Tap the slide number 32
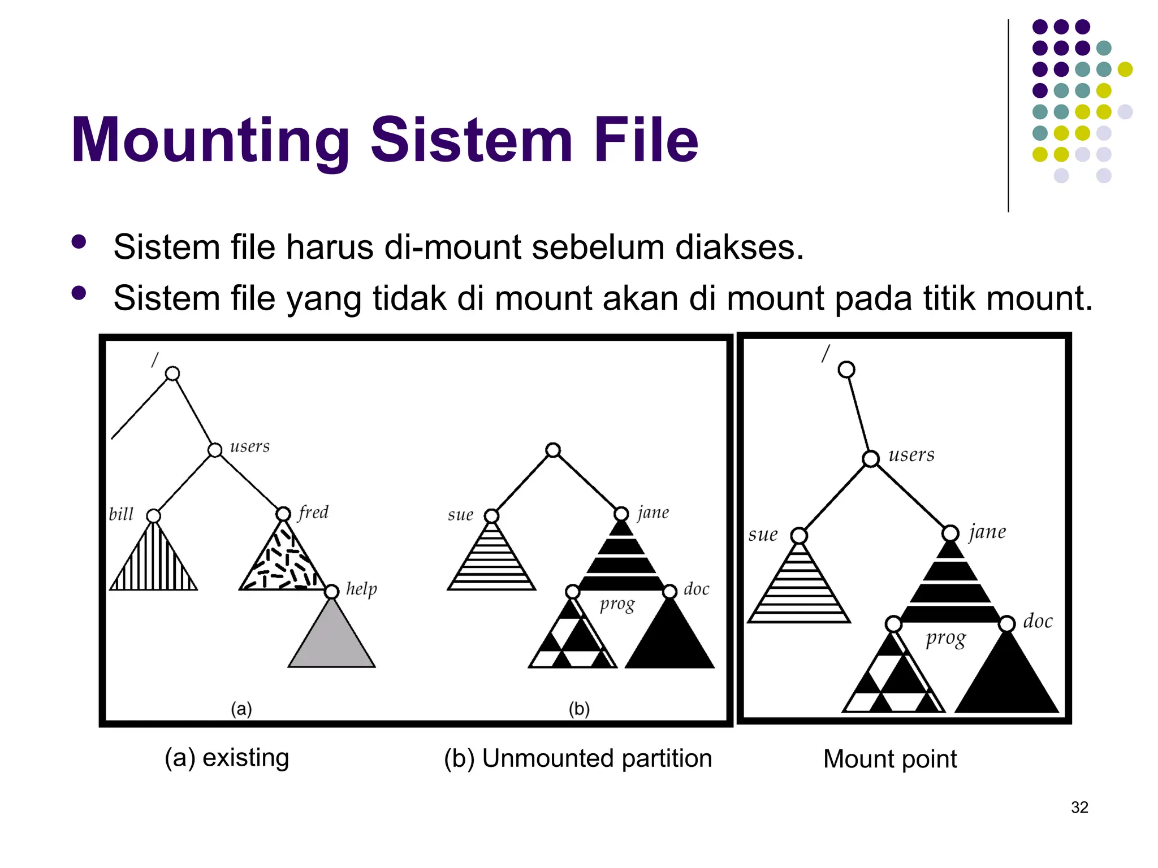[1079, 807]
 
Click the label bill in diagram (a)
[121, 514]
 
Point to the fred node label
[313, 512]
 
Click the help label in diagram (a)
[361, 589]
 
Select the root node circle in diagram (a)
[172, 374]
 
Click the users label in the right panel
[911, 454]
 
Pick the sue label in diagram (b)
[460, 515]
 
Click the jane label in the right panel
[987, 532]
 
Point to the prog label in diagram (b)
[617, 604]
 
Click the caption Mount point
[889, 758]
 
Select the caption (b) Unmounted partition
[577, 758]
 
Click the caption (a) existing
[227, 757]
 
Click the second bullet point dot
[79, 293]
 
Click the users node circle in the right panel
[871, 458]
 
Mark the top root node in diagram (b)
[553, 450]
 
